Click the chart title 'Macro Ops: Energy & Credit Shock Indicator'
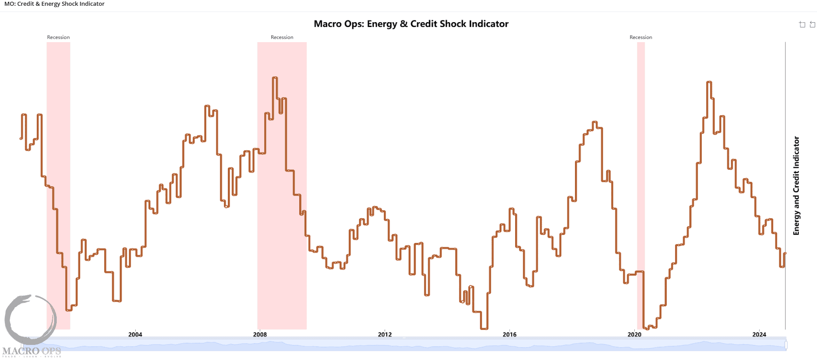[411, 24]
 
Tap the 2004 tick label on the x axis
[135, 334]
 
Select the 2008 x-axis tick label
[260, 334]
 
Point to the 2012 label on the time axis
[385, 334]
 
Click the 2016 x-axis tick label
[509, 334]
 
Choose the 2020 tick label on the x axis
[634, 334]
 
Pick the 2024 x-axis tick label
[759, 334]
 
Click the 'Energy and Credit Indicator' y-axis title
[796, 186]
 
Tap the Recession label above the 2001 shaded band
[59, 37]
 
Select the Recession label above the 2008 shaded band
[282, 37]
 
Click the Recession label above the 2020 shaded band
[641, 37]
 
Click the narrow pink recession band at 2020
[641, 177]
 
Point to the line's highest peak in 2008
[275, 78]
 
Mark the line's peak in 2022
[709, 82]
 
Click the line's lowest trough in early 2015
[484, 329]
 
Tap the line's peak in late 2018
[594, 122]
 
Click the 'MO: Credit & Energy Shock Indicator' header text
[55, 4]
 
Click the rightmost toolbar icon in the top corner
[813, 24]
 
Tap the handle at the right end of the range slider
[786, 344]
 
